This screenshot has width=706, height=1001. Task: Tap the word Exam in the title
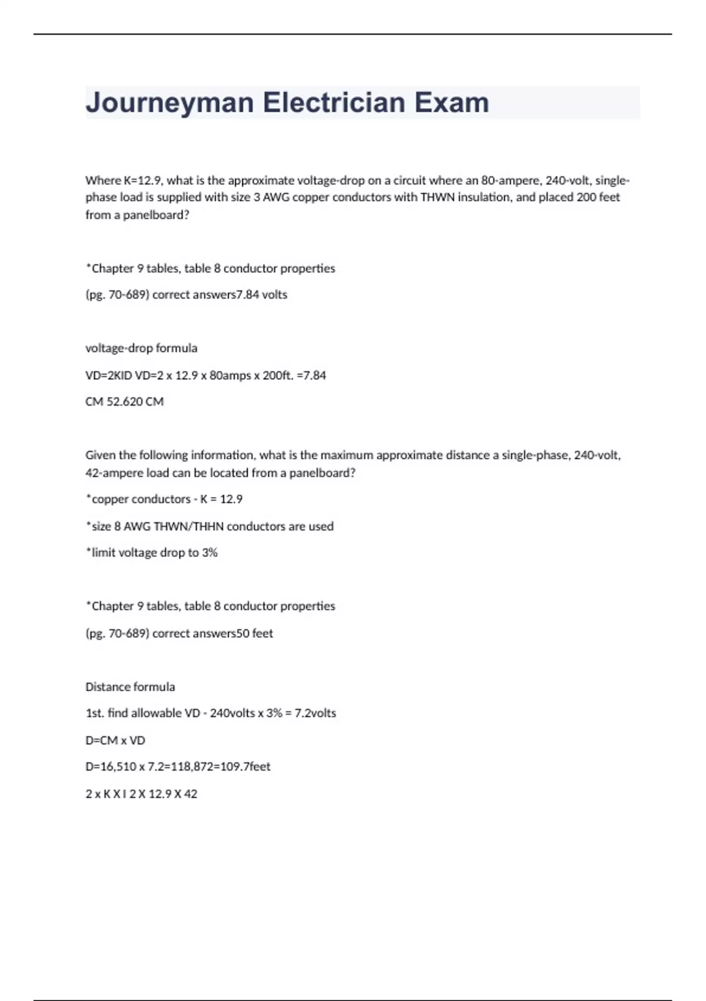coord(452,102)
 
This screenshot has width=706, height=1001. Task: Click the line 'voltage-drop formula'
coord(141,348)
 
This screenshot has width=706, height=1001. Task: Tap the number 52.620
coord(124,402)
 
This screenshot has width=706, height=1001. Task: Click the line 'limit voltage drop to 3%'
coord(154,552)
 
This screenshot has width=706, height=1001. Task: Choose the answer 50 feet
coord(255,634)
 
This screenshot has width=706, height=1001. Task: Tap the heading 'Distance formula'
coord(130,687)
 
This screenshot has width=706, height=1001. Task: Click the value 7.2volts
coord(315,713)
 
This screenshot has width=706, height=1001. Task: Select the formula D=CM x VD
coord(115,740)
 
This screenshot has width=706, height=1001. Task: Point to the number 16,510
coord(116,767)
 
